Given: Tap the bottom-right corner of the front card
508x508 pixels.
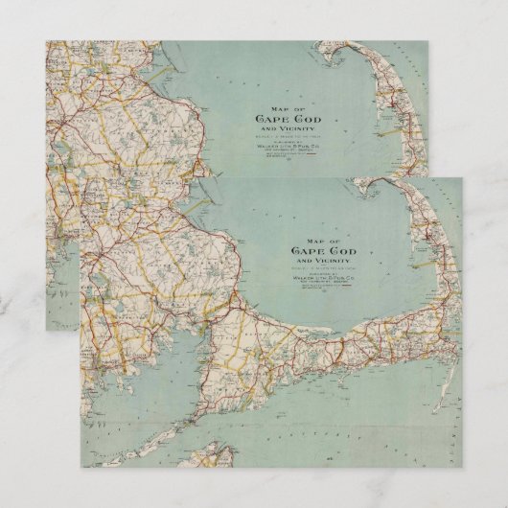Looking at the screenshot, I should [x=461, y=467].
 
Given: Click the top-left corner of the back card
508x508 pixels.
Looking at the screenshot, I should [x=46, y=41].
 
